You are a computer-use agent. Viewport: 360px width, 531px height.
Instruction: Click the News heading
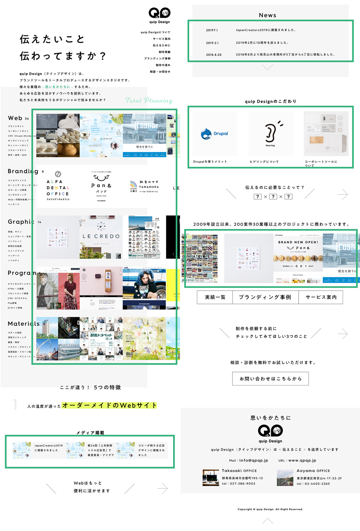(x=267, y=15)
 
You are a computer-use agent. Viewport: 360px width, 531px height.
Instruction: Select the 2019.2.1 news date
(x=212, y=43)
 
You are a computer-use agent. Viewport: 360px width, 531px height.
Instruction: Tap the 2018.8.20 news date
(x=214, y=55)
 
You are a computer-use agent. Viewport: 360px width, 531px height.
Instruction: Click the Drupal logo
(x=214, y=134)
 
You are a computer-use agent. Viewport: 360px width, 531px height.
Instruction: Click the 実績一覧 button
(x=215, y=297)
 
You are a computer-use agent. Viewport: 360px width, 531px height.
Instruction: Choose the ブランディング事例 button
(x=265, y=297)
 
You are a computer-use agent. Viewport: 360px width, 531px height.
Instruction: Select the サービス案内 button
(x=321, y=297)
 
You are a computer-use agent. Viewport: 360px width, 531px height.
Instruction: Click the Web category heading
(x=15, y=118)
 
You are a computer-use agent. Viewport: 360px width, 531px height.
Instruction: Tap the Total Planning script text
(x=149, y=100)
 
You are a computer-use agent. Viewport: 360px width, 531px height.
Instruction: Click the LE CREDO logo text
(x=101, y=236)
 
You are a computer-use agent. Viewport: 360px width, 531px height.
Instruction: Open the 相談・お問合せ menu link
(x=160, y=72)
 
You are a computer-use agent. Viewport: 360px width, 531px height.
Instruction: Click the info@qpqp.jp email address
(x=254, y=460)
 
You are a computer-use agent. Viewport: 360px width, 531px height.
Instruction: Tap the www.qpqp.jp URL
(x=302, y=460)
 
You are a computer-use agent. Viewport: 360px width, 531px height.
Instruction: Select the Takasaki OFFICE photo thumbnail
(x=211, y=478)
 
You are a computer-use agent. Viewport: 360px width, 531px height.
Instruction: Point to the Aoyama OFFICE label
(x=313, y=470)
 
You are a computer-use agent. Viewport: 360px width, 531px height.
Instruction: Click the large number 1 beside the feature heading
(x=15, y=404)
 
